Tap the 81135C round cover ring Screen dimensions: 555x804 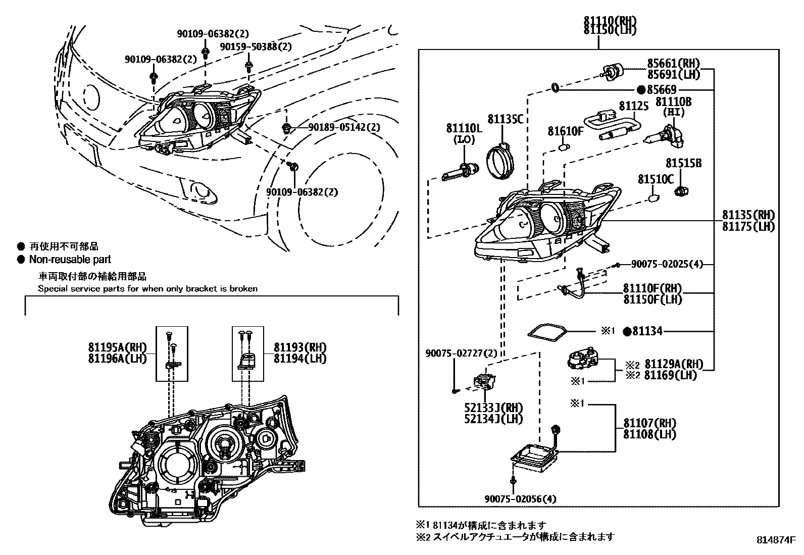coord(500,160)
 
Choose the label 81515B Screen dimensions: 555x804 coord(683,164)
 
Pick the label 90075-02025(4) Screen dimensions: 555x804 coord(666,264)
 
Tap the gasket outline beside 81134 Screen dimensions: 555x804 coord(546,331)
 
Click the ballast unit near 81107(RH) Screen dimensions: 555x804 coord(534,457)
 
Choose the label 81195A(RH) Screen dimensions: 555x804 coord(116,347)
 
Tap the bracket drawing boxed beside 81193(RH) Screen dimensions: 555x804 coord(247,360)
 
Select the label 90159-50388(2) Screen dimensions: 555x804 coord(256,46)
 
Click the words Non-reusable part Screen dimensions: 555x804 coord(70,260)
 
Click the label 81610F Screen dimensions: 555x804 coord(566,132)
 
